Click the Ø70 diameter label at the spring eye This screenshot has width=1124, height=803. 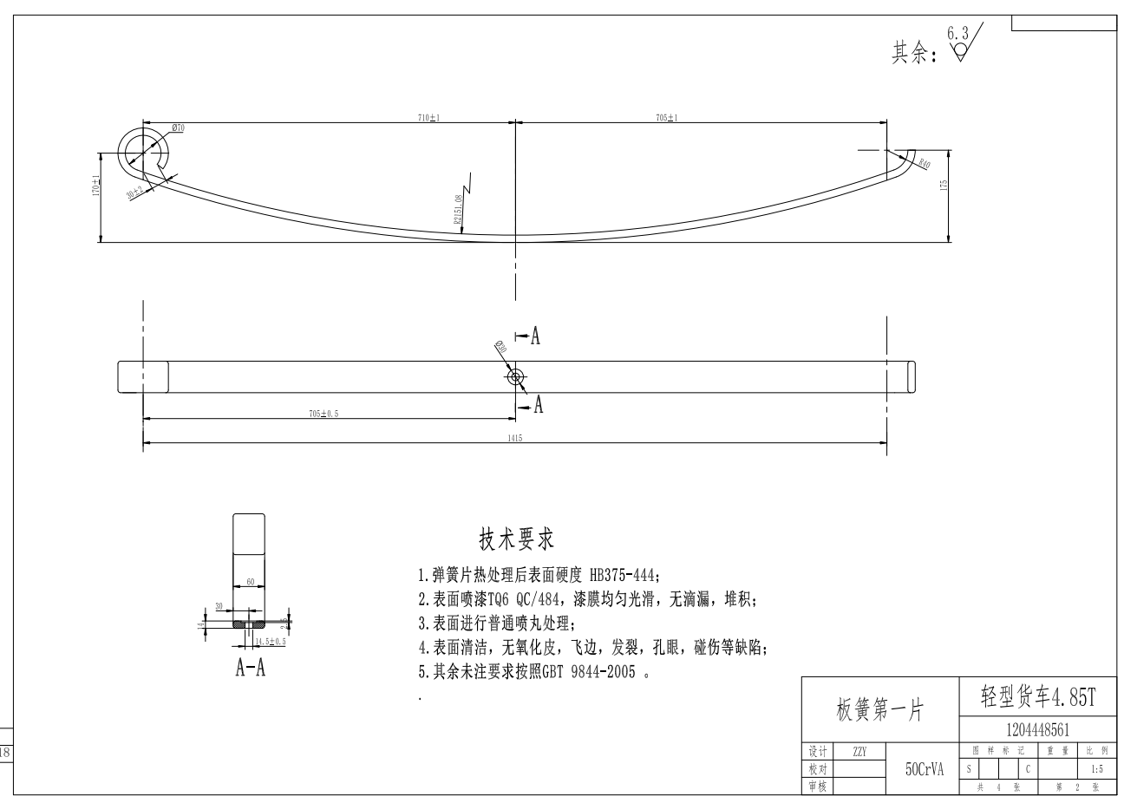pos(178,127)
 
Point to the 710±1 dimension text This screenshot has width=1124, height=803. pos(428,118)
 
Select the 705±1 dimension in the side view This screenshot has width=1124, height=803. pos(667,118)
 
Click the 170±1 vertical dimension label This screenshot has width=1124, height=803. pos(96,186)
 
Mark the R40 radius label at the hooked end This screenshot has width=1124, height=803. pos(925,163)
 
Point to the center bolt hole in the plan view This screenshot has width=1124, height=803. pos(516,376)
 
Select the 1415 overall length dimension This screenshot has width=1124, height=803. pos(515,439)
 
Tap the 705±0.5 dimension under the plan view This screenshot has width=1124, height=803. pos(324,414)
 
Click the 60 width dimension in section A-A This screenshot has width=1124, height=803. pos(250,582)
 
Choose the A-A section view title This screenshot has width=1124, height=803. pos(250,668)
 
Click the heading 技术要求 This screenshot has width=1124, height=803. pos(517,539)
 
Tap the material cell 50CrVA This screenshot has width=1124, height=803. pos(924,768)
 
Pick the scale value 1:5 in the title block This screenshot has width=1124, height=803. pos(1096,768)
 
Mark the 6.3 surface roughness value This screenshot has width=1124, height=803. pos(957,32)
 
